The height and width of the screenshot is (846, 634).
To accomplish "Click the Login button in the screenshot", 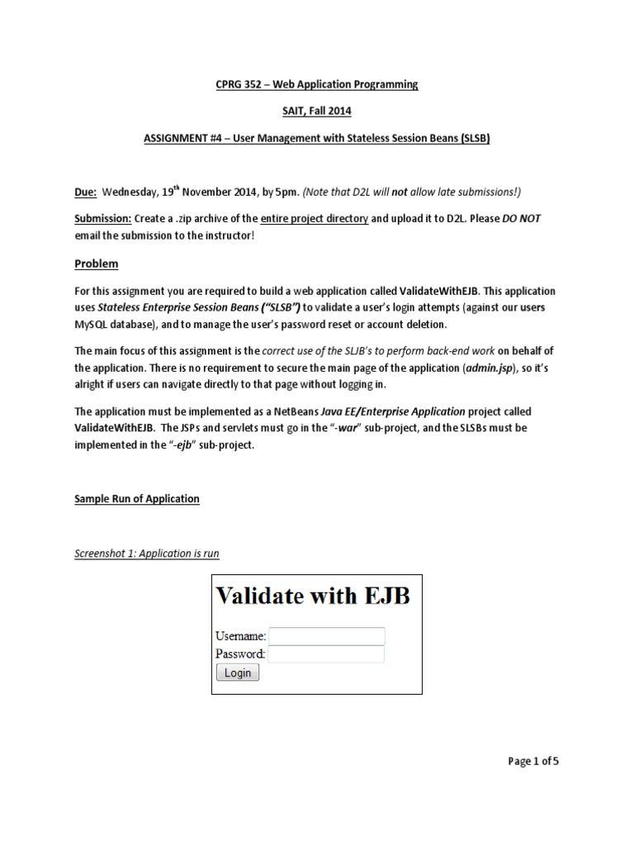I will (x=238, y=673).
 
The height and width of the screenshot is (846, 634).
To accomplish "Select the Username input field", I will (x=327, y=636).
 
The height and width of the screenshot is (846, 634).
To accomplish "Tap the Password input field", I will (x=327, y=654).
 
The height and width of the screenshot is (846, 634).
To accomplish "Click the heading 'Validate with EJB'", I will (x=312, y=596).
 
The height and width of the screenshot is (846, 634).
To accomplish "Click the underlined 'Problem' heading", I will (x=97, y=264).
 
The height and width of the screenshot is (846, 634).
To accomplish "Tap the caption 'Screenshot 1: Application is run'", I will (x=147, y=553).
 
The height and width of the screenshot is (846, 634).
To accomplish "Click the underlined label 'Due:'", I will (x=86, y=192).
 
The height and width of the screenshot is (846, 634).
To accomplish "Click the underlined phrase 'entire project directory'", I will (x=315, y=218).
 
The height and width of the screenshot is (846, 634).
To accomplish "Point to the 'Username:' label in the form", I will (x=240, y=636).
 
